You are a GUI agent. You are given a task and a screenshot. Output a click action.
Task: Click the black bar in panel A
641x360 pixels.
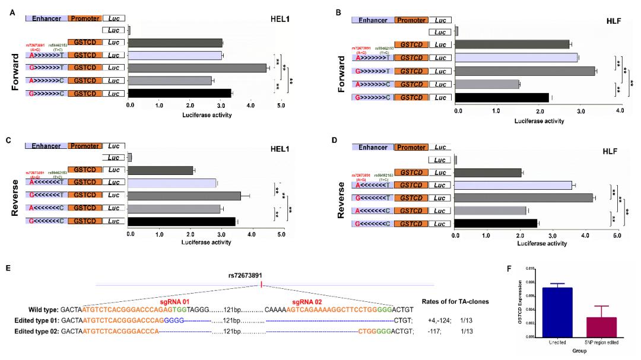pyautogui.click(x=180, y=93)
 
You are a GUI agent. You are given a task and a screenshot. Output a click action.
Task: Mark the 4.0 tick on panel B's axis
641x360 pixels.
pyautogui.click(x=619, y=111)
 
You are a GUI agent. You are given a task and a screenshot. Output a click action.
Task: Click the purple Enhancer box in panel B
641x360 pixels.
pyautogui.click(x=372, y=20)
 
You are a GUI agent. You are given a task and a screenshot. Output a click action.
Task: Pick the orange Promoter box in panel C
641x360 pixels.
pyautogui.click(x=84, y=146)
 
